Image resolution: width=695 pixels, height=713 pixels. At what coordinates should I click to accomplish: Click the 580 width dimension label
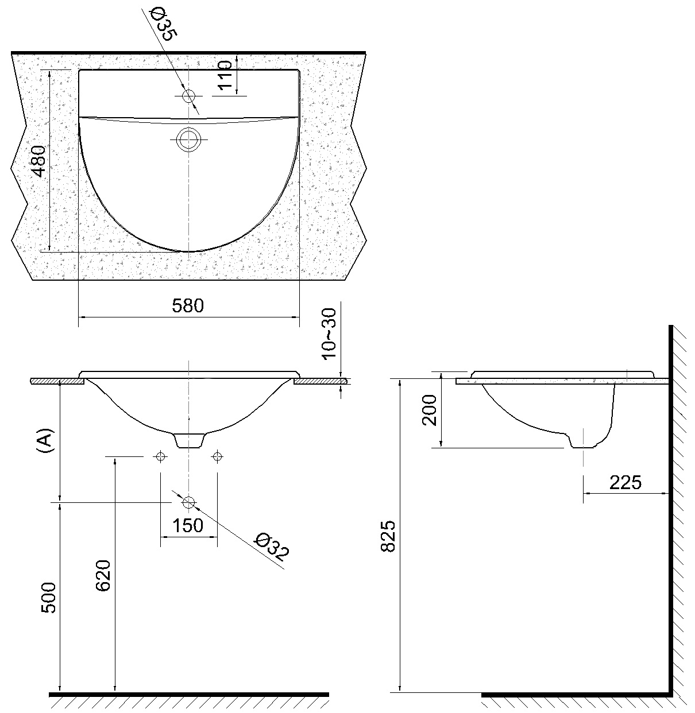click(x=188, y=305)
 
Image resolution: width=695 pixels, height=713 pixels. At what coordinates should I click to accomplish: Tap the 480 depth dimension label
click(x=38, y=161)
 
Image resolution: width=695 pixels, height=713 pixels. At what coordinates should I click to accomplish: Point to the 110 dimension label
click(x=225, y=75)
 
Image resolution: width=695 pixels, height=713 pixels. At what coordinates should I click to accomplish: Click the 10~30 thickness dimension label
click(x=329, y=334)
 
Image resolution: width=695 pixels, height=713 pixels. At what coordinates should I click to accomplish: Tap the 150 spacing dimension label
click(x=187, y=525)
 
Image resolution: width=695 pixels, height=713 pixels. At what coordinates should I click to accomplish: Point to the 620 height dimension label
click(x=103, y=575)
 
